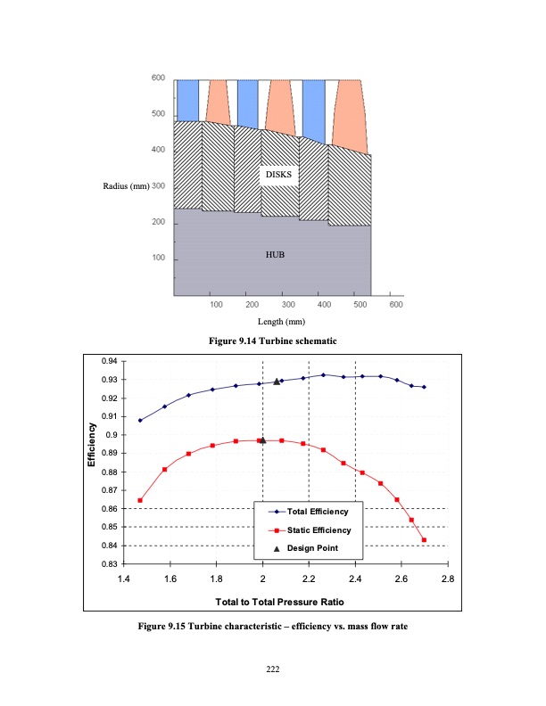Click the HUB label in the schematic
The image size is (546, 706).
point(275,254)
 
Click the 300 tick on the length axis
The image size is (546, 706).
point(288,305)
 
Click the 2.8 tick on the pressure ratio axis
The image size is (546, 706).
point(447,579)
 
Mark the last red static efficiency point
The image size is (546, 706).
point(424,540)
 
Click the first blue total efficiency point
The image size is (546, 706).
point(140,420)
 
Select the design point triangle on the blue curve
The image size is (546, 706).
point(277,382)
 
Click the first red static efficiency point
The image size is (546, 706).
point(140,500)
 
